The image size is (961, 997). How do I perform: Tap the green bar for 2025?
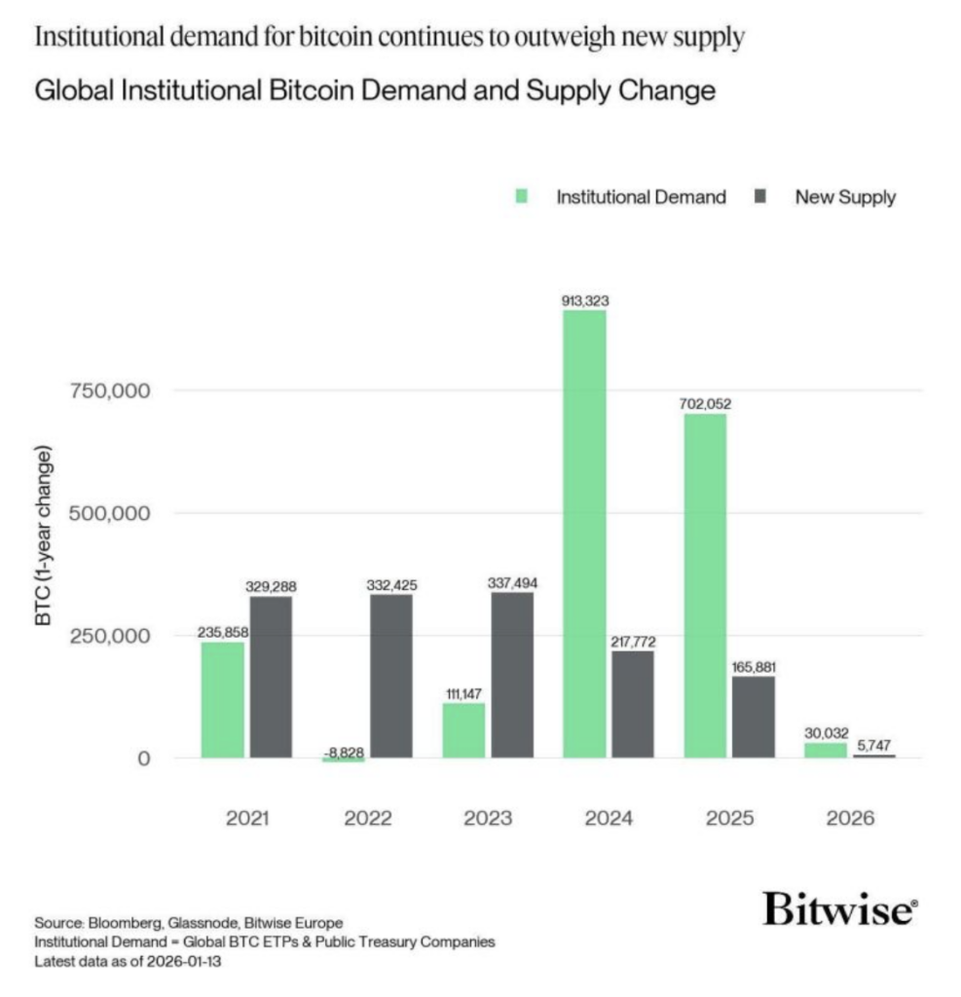coord(704,585)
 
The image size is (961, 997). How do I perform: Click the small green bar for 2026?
coord(825,751)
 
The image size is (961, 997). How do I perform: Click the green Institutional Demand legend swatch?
coord(523,197)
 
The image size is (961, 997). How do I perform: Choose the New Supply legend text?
coord(845,197)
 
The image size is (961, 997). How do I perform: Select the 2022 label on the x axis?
coord(368,818)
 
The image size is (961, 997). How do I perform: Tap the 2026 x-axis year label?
coord(850,818)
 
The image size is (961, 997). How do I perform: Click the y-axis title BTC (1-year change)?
coord(45,536)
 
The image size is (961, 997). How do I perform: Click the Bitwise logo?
coord(839,908)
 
